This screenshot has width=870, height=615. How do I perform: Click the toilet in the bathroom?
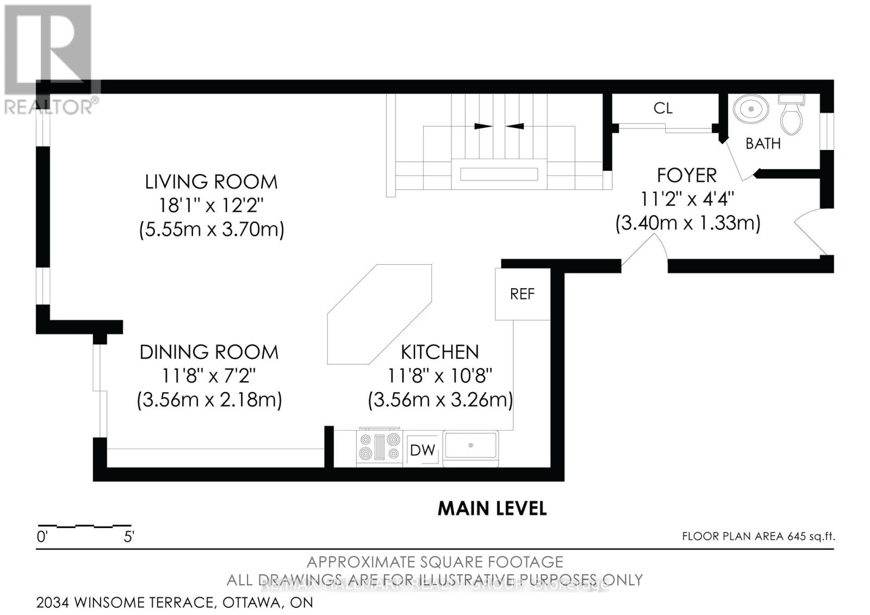point(791,116)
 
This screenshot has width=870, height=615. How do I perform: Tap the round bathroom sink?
point(751,109)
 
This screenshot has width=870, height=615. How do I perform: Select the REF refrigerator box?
point(522,294)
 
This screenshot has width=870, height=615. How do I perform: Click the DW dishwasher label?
point(422,450)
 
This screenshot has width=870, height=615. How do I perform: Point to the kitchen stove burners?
point(380,446)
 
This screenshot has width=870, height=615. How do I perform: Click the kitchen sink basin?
point(471,445)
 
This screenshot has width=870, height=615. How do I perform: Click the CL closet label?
point(663,108)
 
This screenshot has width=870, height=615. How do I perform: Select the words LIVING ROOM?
point(211,182)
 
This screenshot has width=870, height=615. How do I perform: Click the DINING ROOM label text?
point(209,352)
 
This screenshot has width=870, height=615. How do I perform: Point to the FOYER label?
point(687,175)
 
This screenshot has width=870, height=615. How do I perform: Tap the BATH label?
point(763,144)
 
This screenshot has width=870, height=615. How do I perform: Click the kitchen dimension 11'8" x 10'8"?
point(440,376)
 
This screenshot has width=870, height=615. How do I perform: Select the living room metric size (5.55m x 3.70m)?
point(212,229)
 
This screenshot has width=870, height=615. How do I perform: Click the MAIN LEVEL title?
point(492,508)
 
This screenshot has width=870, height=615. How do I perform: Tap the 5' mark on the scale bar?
point(129,537)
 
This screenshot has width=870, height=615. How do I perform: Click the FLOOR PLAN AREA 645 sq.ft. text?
point(758,536)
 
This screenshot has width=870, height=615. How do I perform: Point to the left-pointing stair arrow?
point(515,126)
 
